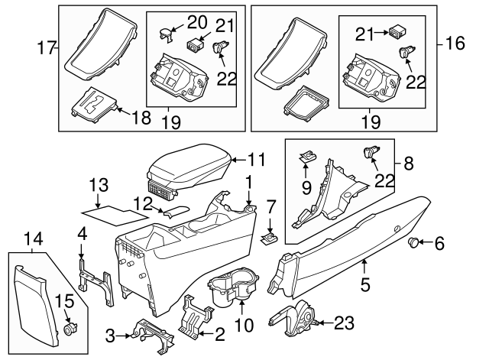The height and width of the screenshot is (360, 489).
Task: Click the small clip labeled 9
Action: coord(308,158)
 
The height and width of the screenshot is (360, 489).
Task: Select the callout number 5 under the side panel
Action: coord(364,287)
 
